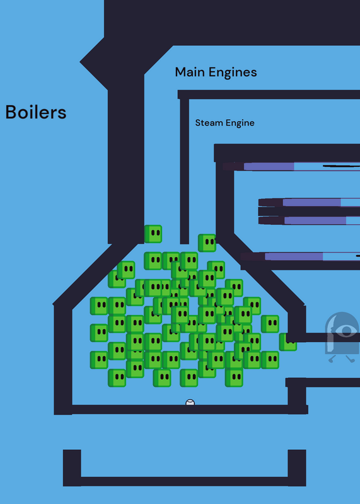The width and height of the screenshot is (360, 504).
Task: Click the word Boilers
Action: point(36,112)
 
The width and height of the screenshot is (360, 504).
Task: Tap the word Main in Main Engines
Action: point(190,72)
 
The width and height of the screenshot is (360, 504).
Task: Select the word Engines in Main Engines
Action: point(233,72)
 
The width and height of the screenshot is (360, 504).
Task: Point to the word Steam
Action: point(209,123)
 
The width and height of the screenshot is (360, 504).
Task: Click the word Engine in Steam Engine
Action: point(240,123)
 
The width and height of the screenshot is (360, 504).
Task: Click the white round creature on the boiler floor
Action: point(190,403)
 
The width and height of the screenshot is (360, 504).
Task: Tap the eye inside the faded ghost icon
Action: point(346,331)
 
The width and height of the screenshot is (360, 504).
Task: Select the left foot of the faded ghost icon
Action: point(332,359)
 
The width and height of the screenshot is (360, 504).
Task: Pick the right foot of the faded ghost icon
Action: point(351,359)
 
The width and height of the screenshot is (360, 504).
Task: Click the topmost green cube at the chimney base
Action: point(153,234)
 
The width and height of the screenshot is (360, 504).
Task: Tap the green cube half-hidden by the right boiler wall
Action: point(287,342)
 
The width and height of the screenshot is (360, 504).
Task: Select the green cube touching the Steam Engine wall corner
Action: point(207,243)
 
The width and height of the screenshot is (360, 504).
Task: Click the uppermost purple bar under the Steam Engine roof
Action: point(269,166)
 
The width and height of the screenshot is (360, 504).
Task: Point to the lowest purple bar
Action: point(293,256)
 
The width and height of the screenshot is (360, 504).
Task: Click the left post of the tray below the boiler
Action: point(72,467)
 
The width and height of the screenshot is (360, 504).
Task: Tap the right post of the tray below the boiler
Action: point(296,467)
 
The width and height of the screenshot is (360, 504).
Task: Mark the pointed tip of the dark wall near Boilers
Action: point(80,62)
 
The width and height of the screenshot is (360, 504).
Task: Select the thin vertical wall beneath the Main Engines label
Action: point(184,171)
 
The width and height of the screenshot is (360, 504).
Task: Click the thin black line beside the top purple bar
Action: point(341,166)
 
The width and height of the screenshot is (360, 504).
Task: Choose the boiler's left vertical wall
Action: point(63,359)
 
